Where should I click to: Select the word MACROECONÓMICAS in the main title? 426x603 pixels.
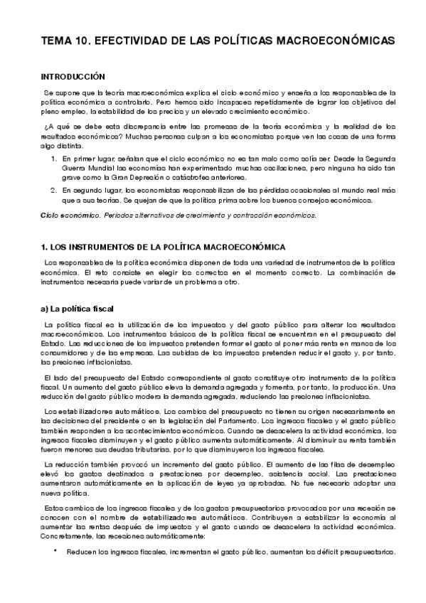click(x=331, y=42)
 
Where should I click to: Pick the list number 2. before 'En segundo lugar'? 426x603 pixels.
click(x=55, y=191)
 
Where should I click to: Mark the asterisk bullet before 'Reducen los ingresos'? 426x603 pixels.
click(x=55, y=552)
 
